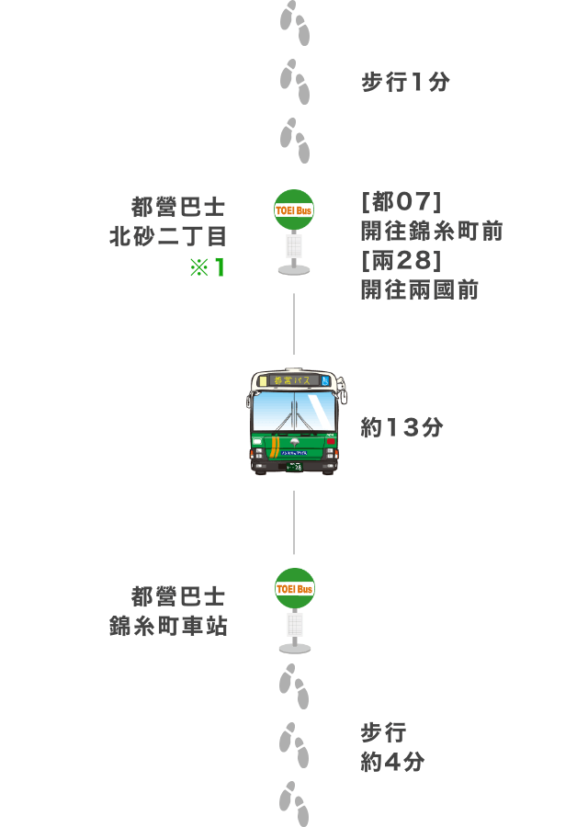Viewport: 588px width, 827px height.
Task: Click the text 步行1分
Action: (x=405, y=83)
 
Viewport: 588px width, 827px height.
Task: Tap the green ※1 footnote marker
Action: (x=208, y=267)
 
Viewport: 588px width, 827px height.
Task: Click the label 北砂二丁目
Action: (x=168, y=237)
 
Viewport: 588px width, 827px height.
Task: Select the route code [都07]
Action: (x=401, y=201)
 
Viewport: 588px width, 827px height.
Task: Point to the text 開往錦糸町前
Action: (x=432, y=231)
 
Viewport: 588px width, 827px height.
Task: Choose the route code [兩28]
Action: (x=401, y=261)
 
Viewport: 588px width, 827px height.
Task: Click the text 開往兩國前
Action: (x=420, y=290)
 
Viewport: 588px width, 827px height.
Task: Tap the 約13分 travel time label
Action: (x=401, y=427)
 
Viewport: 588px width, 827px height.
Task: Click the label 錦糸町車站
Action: (x=168, y=627)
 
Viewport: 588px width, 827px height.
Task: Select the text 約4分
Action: (x=392, y=762)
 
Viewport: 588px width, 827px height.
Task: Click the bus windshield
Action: (x=294, y=411)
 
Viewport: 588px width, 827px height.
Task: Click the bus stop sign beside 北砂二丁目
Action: (x=294, y=232)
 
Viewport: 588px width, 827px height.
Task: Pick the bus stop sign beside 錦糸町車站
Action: (x=295, y=610)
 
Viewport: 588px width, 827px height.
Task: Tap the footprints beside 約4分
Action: (x=294, y=745)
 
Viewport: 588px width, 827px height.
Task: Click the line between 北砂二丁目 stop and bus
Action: (x=294, y=323)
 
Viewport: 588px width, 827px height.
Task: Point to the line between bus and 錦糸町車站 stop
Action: (x=294, y=522)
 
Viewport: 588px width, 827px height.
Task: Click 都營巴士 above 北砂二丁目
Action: (x=178, y=207)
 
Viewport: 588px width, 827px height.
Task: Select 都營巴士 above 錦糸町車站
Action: (x=178, y=597)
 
